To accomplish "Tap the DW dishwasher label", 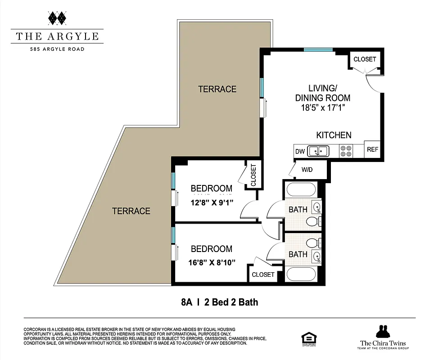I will [x=300, y=152].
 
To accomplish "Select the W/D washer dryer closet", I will [x=307, y=170].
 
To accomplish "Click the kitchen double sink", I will [x=319, y=151].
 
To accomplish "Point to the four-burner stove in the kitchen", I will [x=346, y=151].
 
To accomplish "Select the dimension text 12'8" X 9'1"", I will [x=212, y=202].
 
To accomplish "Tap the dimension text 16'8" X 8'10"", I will [x=212, y=262].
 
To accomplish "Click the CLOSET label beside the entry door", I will [x=365, y=59].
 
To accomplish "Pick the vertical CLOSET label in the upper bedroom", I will [x=253, y=175].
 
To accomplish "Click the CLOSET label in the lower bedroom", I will [x=263, y=274].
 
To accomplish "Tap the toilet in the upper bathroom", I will [x=312, y=221].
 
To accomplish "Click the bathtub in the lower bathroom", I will [x=302, y=274].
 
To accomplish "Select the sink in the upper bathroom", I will [x=316, y=207].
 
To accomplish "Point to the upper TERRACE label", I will [x=217, y=89].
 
